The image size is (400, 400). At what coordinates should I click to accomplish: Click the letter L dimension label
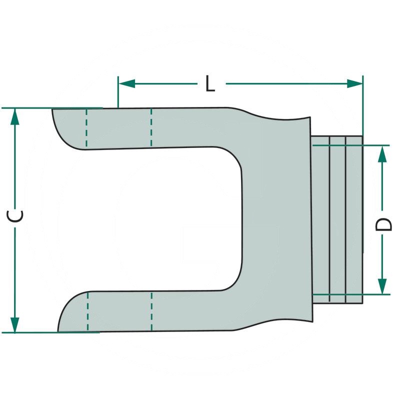pyautogui.click(x=210, y=83)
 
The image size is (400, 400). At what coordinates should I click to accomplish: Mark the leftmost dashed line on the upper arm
pyautogui.click(x=86, y=127)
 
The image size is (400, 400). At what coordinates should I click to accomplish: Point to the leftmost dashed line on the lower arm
pyautogui.click(x=87, y=312)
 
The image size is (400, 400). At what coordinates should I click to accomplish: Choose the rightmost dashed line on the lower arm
pyautogui.click(x=151, y=312)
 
